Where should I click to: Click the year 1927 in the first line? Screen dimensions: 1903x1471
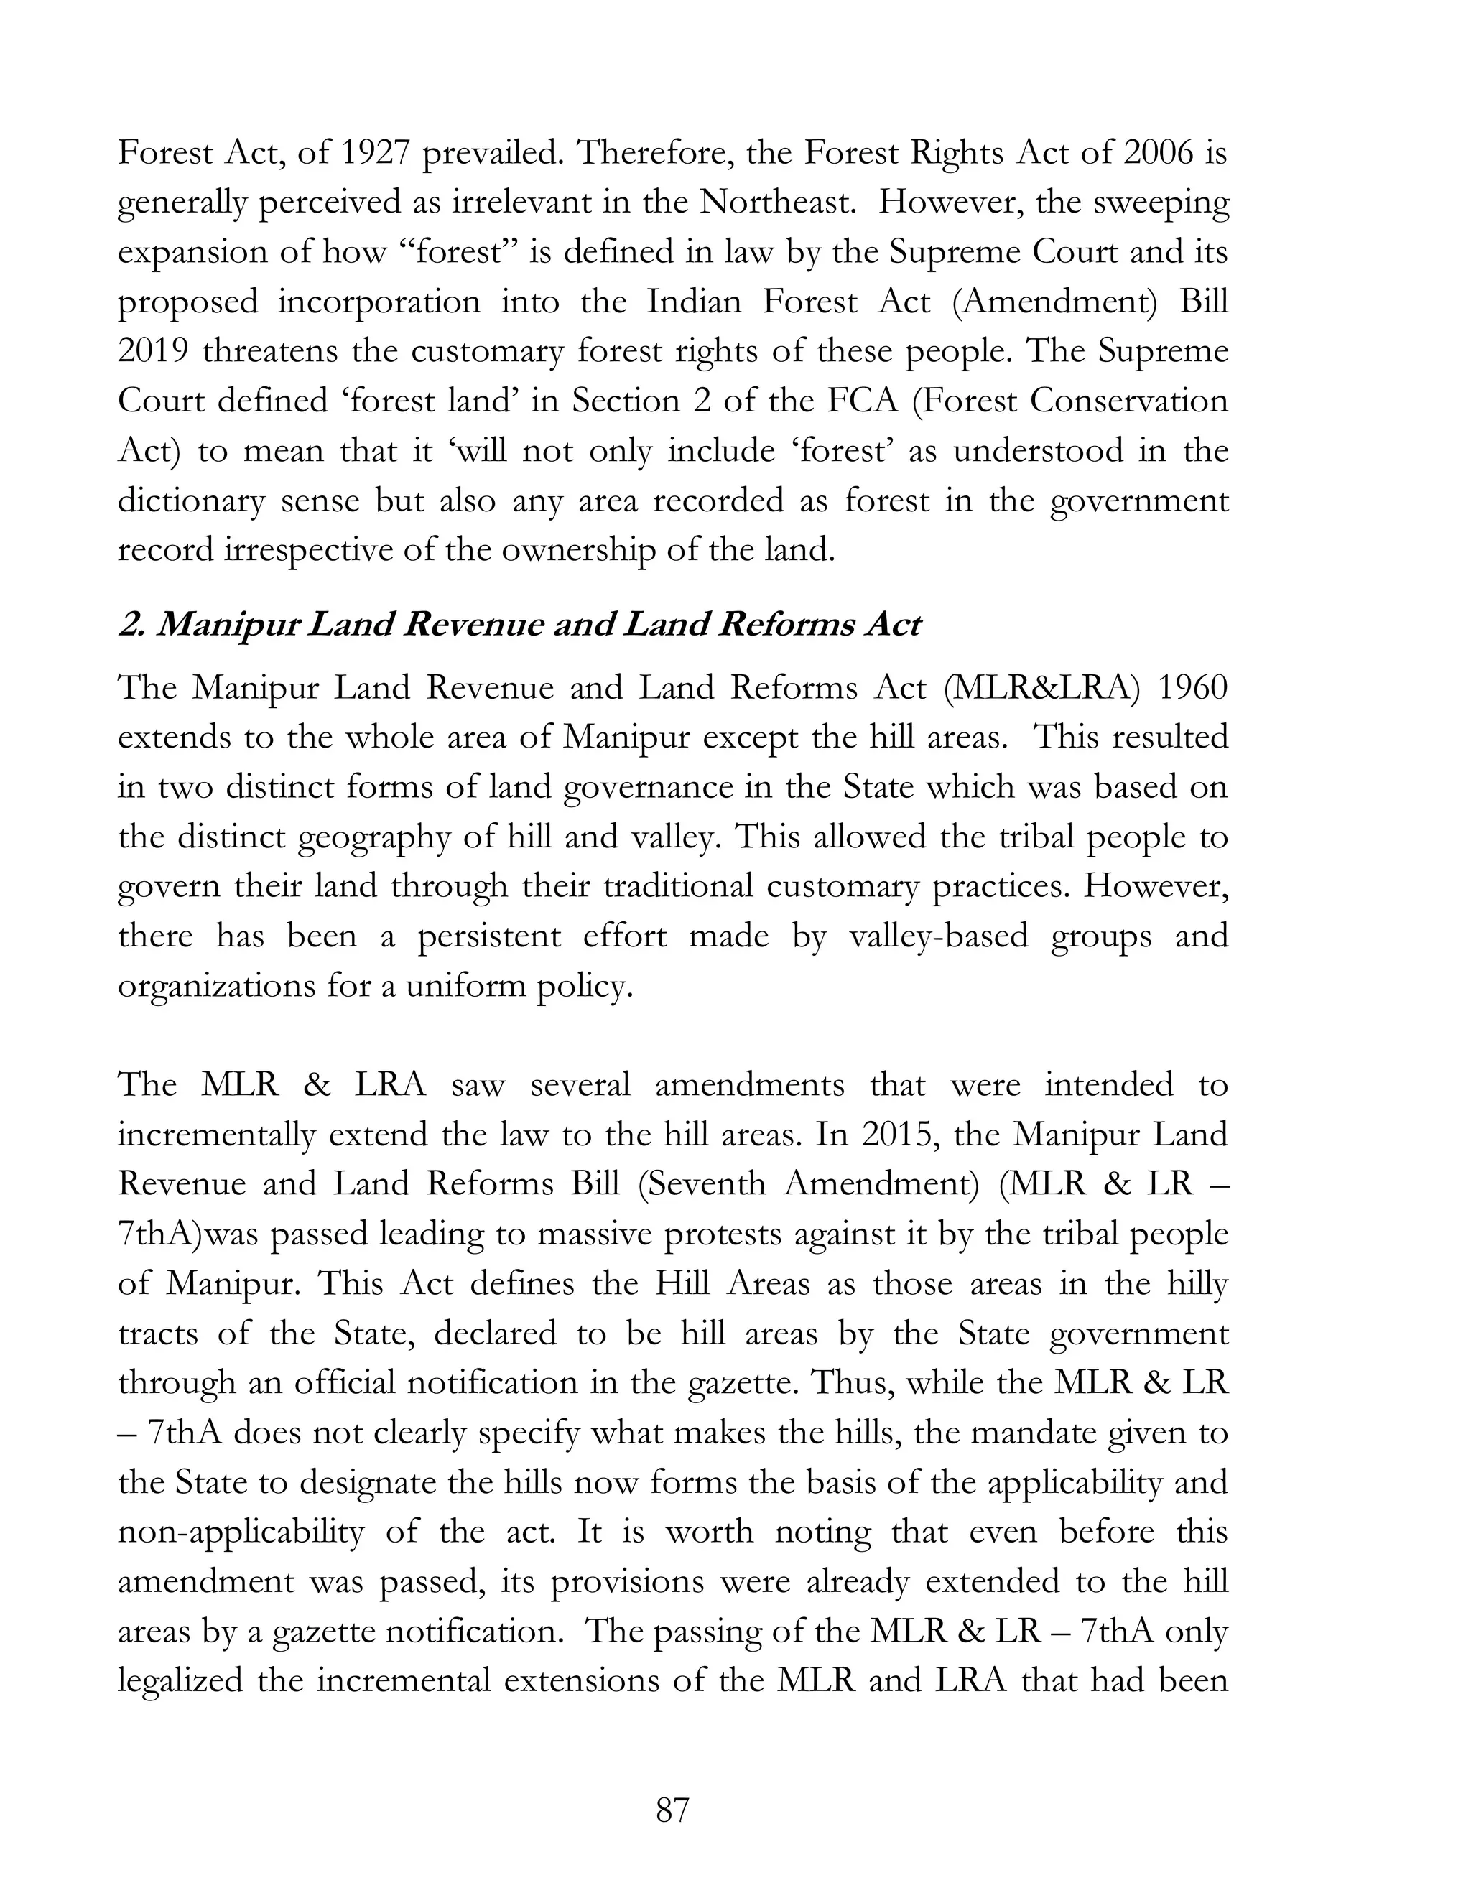pyautogui.click(x=373, y=154)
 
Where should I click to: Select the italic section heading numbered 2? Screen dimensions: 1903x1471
pyautogui.click(x=519, y=625)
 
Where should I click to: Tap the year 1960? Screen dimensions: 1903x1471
pyautogui.click(x=1192, y=689)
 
